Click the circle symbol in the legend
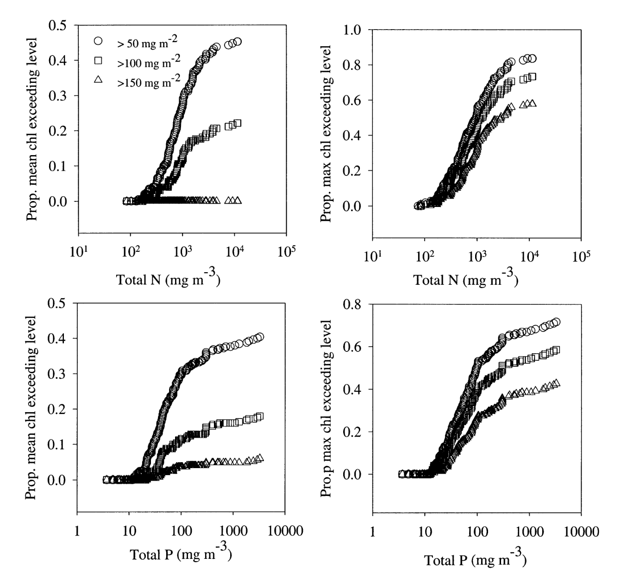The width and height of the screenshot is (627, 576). tap(98, 41)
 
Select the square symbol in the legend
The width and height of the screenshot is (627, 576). tap(98, 61)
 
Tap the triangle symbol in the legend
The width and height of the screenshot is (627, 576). tap(98, 80)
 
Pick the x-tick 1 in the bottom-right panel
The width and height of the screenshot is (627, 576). tap(373, 532)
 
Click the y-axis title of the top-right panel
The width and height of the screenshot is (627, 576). tap(326, 134)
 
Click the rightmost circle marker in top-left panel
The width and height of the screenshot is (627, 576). tap(238, 42)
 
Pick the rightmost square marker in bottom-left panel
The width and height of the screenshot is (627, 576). tap(260, 416)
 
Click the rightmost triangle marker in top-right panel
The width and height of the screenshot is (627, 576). tap(533, 103)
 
